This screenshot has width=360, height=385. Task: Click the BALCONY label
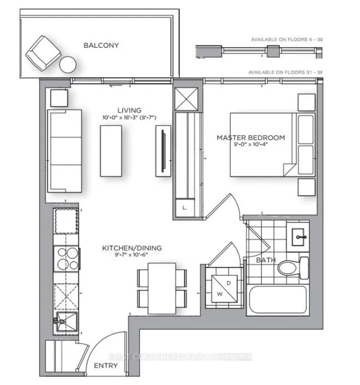point(101,45)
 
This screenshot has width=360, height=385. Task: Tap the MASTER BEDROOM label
point(251,137)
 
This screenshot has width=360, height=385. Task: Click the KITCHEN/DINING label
point(125,248)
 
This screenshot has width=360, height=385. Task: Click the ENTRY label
point(106,366)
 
